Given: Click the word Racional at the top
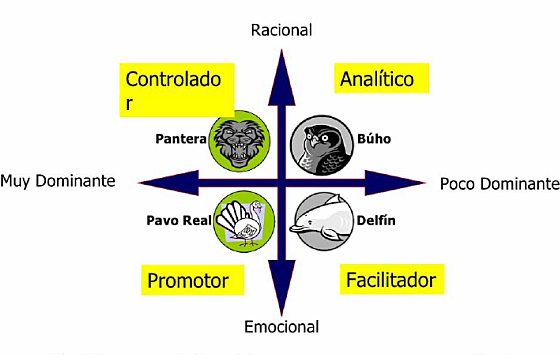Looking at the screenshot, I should coord(281,31).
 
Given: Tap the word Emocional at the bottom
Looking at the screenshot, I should coord(281,327).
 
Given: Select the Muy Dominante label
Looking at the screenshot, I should coord(58,181).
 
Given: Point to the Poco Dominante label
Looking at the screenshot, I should coord(499,184).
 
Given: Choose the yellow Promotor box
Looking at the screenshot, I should coord(188,280).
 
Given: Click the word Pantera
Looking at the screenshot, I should coord(181,139).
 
